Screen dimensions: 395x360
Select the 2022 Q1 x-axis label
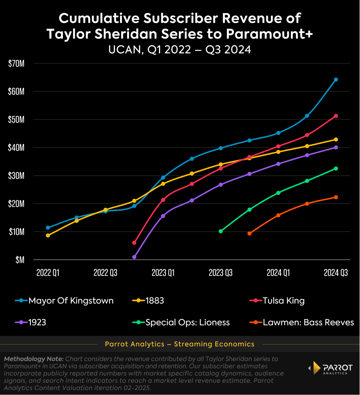48,273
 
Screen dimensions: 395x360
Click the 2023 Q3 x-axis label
221,273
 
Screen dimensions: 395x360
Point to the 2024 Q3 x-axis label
336,273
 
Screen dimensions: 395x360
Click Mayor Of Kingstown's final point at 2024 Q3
336,79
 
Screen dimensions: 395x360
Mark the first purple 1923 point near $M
134,257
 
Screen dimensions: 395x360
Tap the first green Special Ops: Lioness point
221,231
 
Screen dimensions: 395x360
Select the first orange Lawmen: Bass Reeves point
249,233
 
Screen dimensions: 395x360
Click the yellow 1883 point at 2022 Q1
48,235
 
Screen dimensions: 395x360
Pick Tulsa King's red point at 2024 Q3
336,116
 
